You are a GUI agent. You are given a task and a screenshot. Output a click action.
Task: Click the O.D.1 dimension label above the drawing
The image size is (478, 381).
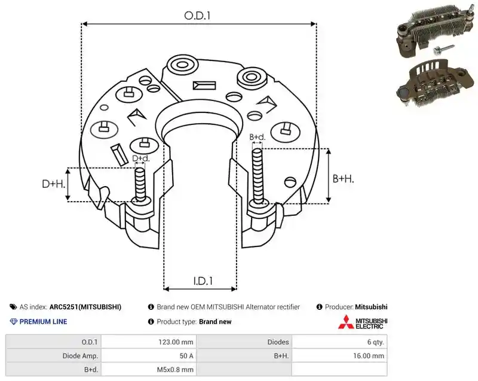[198, 16]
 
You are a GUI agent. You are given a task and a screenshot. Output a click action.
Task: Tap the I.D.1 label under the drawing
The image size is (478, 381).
[203, 281]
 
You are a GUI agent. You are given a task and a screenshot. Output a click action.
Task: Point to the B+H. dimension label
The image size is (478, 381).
[343, 179]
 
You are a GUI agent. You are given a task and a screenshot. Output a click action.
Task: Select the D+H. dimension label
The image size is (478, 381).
[54, 184]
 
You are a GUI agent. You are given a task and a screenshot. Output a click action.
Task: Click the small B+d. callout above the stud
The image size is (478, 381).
[258, 138]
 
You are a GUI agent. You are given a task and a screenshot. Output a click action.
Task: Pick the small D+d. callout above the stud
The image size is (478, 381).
[141, 159]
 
